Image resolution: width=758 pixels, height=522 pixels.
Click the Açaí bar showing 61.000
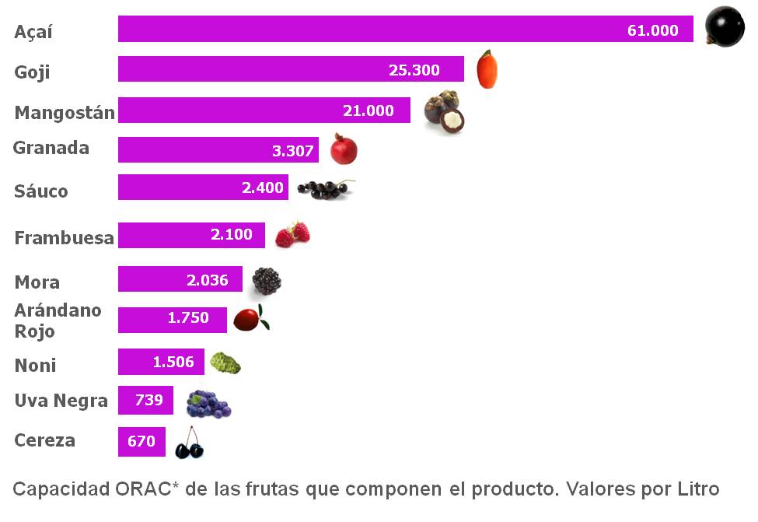pyautogui.click(x=404, y=29)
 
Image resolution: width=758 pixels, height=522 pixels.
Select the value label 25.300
pyautogui.click(x=414, y=70)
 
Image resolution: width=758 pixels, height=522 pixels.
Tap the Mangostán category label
pyautogui.click(x=65, y=112)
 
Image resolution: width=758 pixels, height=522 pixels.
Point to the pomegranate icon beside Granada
pyautogui.click(x=343, y=149)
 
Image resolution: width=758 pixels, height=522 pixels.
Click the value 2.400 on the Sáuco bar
pyautogui.click(x=262, y=187)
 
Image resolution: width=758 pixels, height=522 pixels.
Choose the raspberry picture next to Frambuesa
pyautogui.click(x=292, y=233)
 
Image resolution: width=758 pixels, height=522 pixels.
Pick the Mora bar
pyautogui.click(x=180, y=279)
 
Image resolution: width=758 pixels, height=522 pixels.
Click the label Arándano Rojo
pyautogui.click(x=58, y=321)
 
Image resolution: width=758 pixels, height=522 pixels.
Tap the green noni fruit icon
pyautogui.click(x=225, y=363)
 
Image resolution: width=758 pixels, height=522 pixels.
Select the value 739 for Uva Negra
pyautogui.click(x=148, y=400)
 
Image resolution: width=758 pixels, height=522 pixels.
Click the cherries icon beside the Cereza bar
pyautogui.click(x=189, y=443)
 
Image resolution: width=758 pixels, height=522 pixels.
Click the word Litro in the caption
pyautogui.click(x=697, y=489)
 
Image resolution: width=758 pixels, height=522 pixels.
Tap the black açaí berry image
pyautogui.click(x=724, y=27)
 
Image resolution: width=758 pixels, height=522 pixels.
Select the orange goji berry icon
pyautogui.click(x=487, y=69)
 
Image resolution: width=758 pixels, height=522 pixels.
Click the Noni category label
pyautogui.click(x=35, y=365)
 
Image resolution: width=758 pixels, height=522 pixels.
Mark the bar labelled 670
pyautogui.click(x=141, y=441)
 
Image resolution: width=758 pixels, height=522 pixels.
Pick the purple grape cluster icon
pyautogui.click(x=208, y=404)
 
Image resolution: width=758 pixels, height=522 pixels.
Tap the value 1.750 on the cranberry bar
pyautogui.click(x=188, y=317)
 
